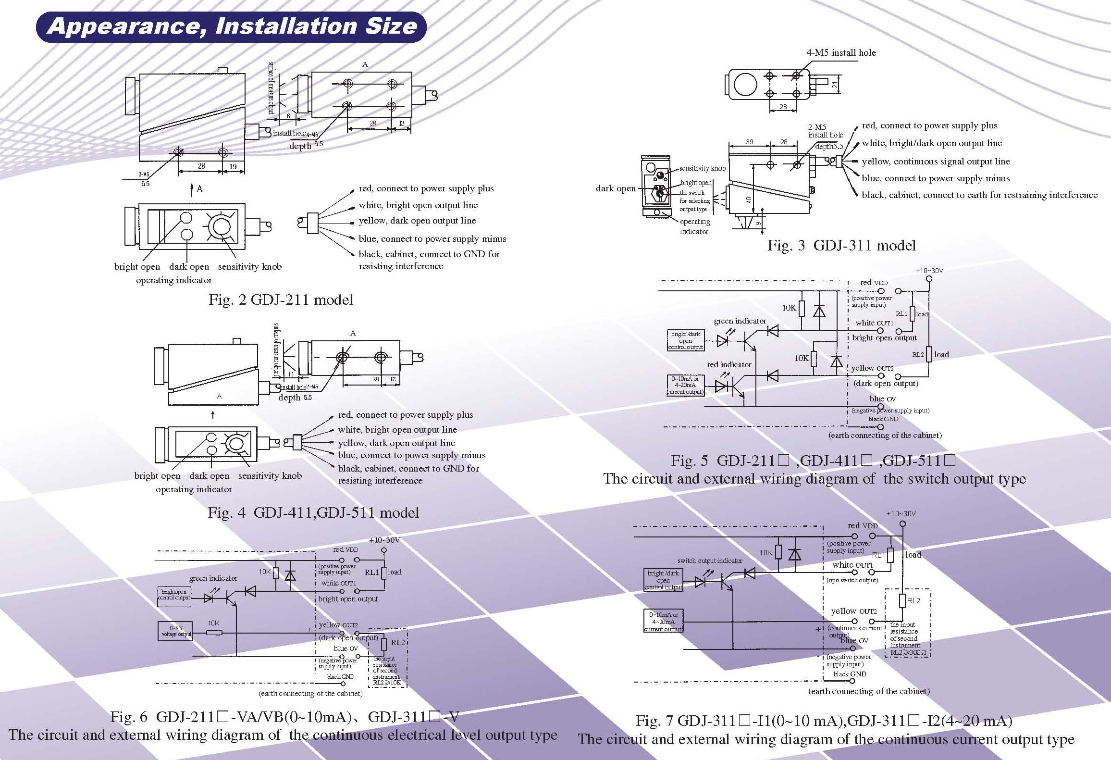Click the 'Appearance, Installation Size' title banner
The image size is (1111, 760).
[232, 26]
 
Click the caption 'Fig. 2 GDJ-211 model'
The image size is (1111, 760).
[281, 300]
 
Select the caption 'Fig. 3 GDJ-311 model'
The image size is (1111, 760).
[841, 246]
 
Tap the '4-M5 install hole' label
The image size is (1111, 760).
[841, 53]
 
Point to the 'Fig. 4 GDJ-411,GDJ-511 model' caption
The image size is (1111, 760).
[313, 512]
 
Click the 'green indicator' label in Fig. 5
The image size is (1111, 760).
[740, 321]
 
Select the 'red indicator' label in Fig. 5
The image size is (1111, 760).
[729, 364]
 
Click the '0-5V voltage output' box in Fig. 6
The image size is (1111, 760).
[175, 631]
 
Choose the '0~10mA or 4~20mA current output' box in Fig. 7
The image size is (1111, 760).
[664, 622]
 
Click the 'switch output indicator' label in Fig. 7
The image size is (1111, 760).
[710, 561]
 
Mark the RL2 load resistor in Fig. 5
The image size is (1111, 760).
[929, 354]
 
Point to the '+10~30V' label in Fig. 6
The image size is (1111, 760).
[384, 540]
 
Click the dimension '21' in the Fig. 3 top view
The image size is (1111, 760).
[835, 85]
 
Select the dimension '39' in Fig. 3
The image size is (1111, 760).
[749, 142]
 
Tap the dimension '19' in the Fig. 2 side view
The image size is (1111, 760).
[233, 166]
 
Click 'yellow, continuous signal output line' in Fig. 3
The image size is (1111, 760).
[936, 162]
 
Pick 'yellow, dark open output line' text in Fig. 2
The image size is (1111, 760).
[417, 221]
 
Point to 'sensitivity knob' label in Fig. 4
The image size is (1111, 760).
[270, 476]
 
